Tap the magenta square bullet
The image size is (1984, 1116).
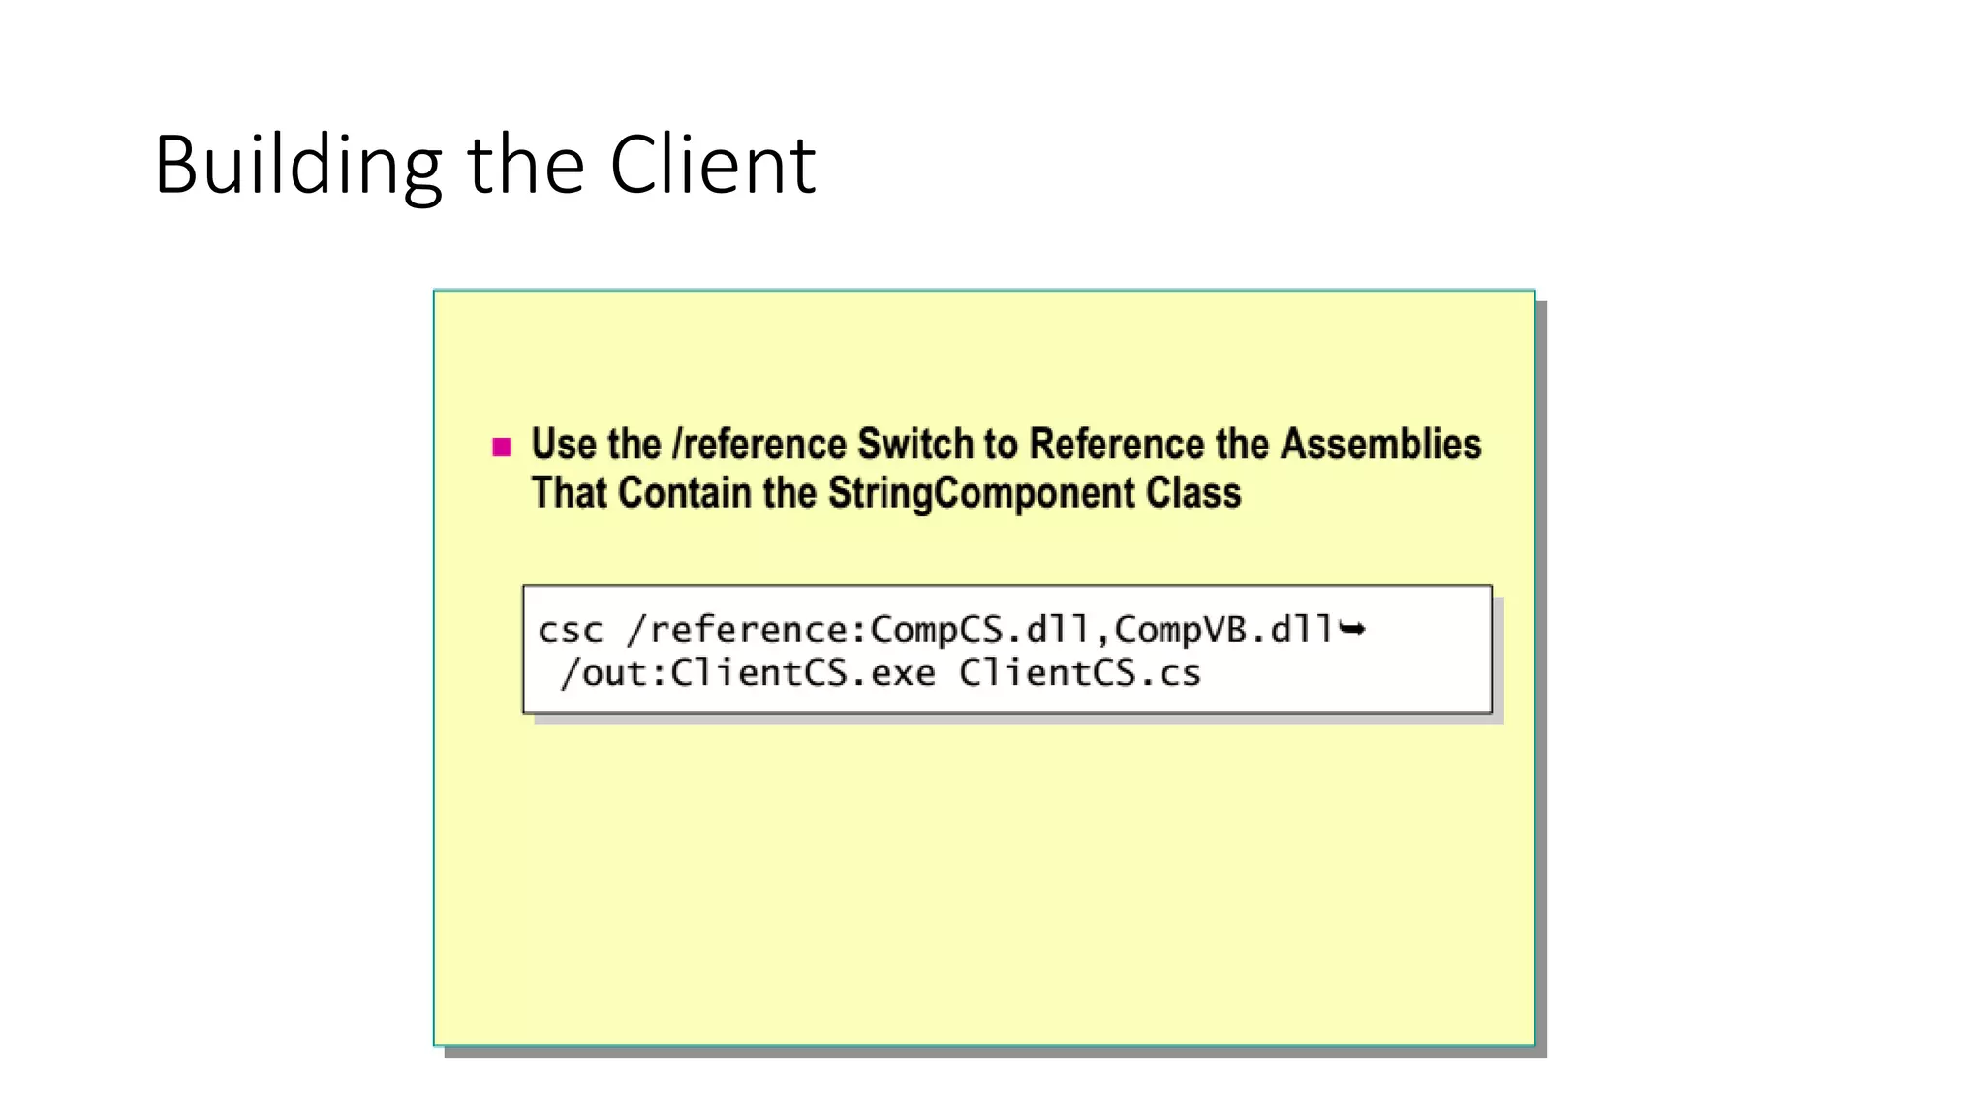[502, 447]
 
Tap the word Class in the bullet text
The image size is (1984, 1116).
[1193, 493]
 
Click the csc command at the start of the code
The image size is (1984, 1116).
[571, 631]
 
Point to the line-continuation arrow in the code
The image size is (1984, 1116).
[1352, 630]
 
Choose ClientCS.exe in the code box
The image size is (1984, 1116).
[803, 673]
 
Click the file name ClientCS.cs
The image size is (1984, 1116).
[1080, 673]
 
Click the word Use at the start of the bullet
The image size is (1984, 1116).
[564, 445]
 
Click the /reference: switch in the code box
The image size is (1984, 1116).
[747, 631]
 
